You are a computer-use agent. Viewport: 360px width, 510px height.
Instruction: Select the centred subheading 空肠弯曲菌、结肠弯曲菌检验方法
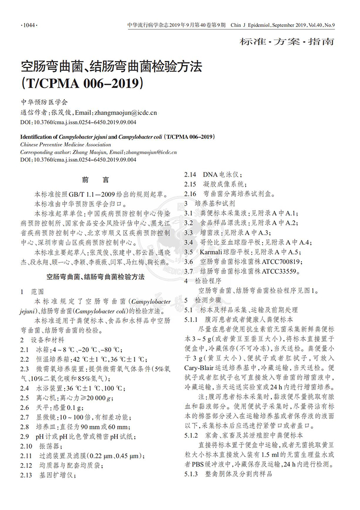click(95, 277)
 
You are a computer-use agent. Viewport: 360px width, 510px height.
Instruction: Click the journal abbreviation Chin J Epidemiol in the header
click(252, 24)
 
